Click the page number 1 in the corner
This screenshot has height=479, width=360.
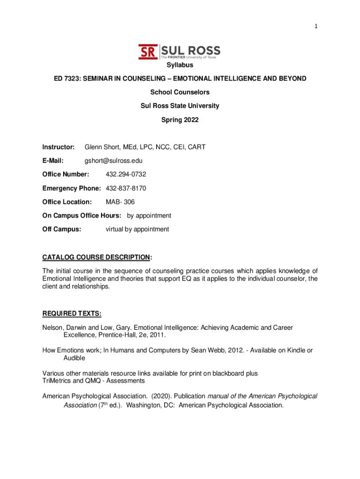tap(317, 27)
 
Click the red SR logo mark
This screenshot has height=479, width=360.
tap(148, 51)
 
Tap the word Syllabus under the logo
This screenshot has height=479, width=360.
tap(180, 65)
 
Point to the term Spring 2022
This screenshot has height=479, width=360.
tap(180, 120)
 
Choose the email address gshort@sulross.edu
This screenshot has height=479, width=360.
tap(114, 161)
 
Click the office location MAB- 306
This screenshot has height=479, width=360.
tap(120, 202)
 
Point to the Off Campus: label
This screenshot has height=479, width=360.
tap(62, 229)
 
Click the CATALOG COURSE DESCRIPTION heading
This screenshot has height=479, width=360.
tap(96, 257)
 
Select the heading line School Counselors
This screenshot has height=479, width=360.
tap(180, 92)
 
